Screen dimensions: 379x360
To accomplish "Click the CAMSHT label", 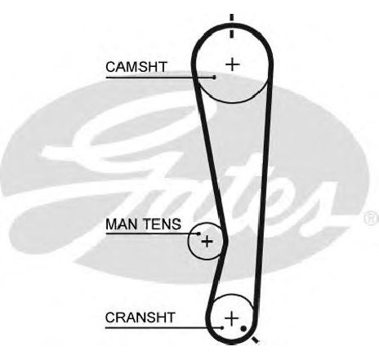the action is [x=136, y=67].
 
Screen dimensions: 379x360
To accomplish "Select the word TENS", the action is [x=162, y=224].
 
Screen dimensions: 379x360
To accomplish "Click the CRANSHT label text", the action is [x=140, y=318].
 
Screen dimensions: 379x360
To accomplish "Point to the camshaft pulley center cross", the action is [x=232, y=64].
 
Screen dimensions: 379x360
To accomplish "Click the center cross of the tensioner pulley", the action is [x=207, y=241].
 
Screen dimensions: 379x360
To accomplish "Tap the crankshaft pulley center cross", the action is [x=231, y=318].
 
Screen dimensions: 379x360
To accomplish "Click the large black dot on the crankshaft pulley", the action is [x=243, y=329].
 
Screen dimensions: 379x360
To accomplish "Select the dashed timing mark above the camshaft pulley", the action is [x=231, y=26].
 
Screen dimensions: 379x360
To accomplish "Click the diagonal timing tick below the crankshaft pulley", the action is [x=255, y=339].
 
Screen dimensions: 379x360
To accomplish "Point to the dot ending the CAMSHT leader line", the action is [x=214, y=78].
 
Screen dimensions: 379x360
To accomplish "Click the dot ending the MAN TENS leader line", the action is [x=198, y=233].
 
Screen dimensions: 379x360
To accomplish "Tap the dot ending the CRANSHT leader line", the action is [x=222, y=327].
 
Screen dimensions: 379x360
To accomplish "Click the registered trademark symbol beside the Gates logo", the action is [x=371, y=218].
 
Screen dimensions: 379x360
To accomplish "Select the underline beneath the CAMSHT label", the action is [x=160, y=78].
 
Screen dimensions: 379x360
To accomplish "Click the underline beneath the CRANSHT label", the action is [x=163, y=327].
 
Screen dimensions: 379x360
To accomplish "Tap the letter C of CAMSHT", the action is [x=111, y=67].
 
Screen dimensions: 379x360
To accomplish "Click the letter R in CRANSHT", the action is [x=122, y=318].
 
